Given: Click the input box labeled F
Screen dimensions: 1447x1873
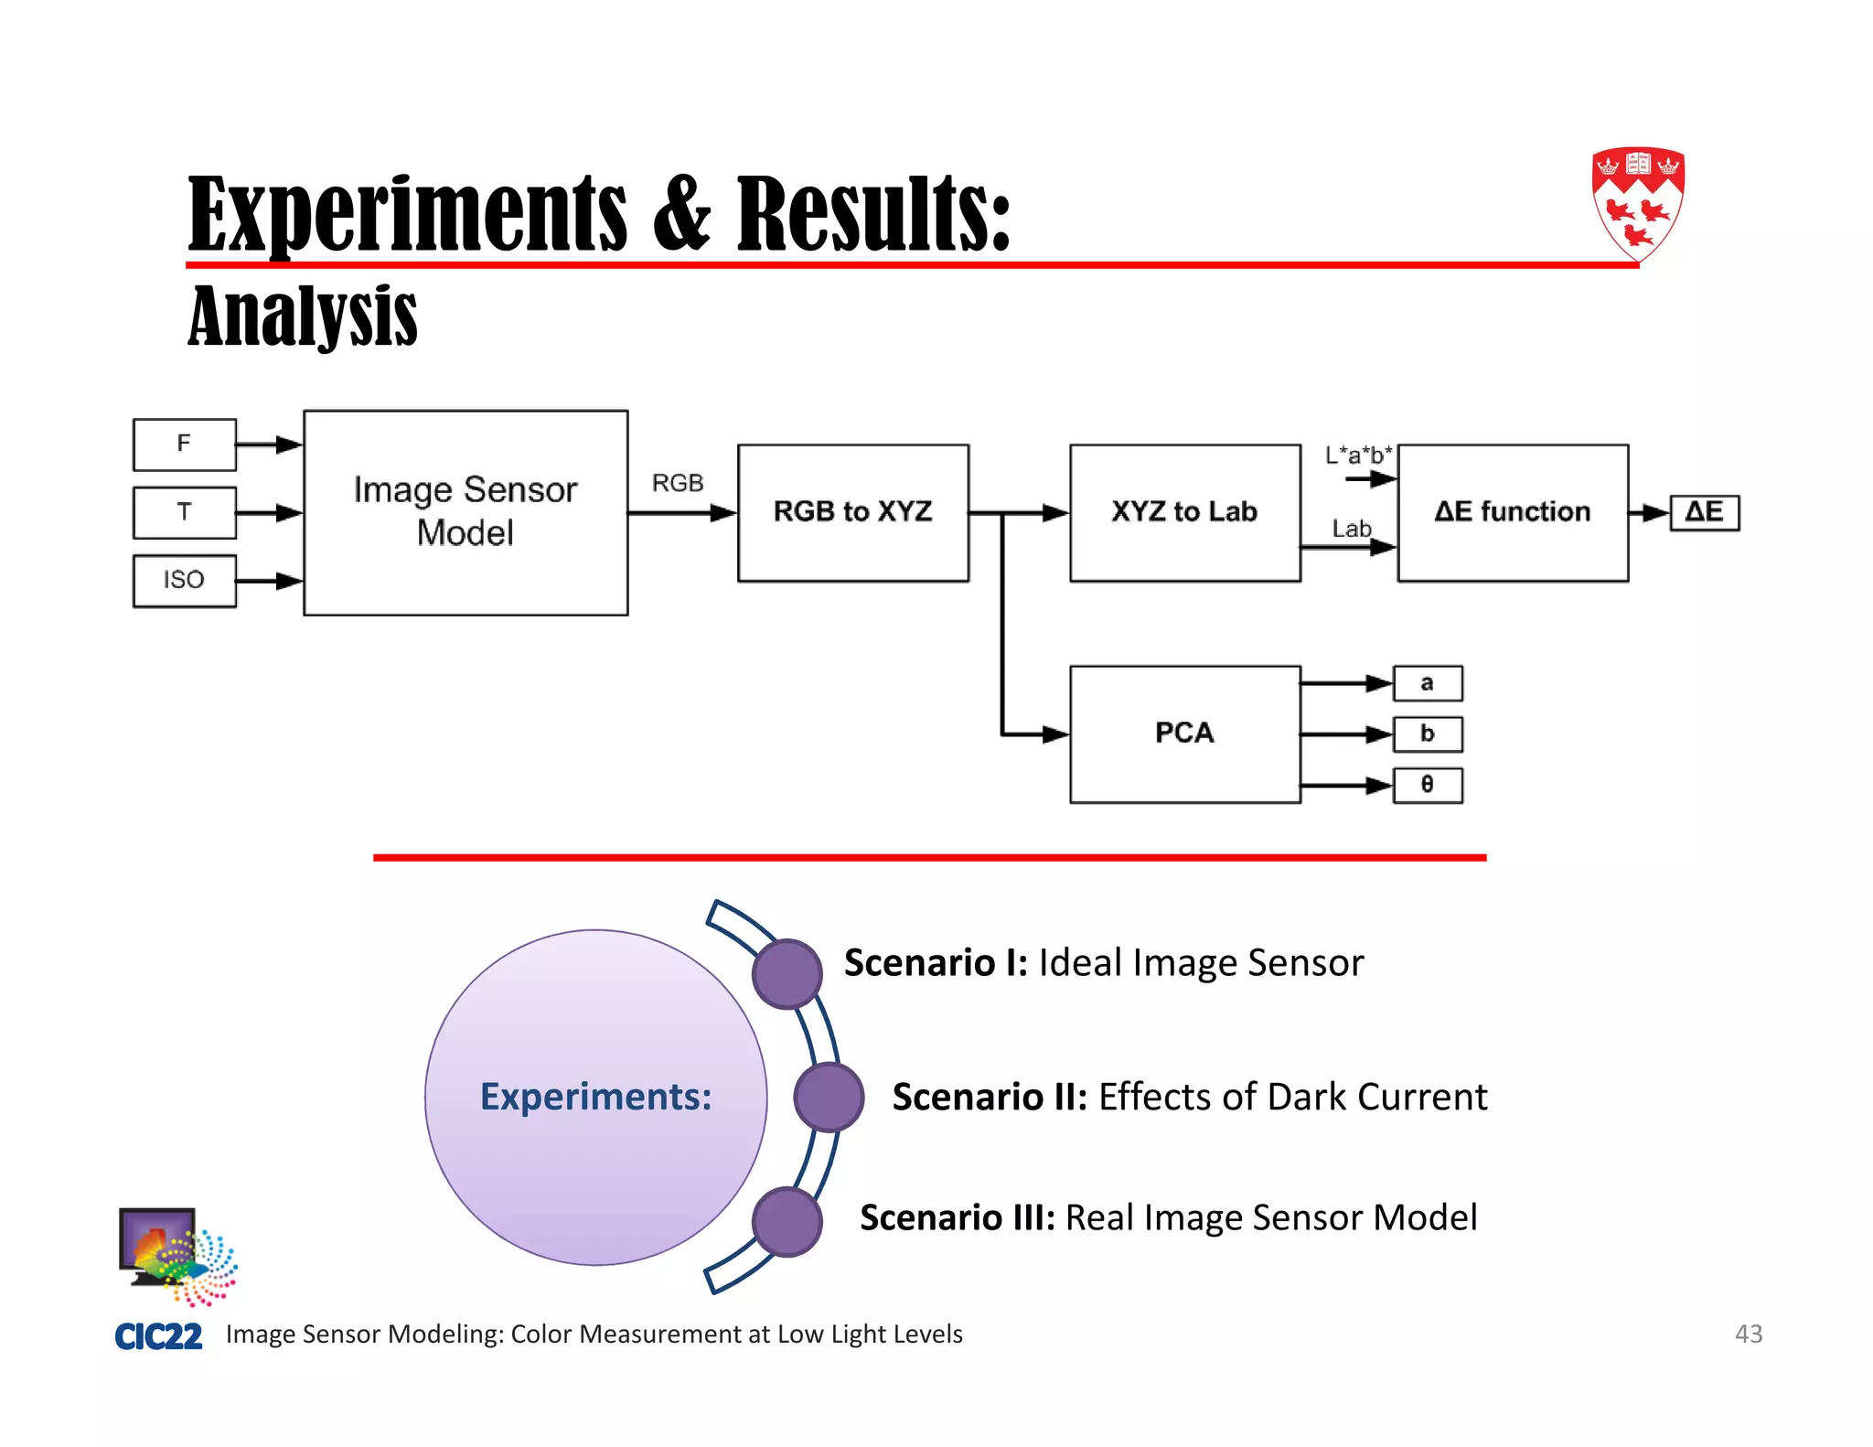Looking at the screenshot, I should pyautogui.click(x=184, y=445).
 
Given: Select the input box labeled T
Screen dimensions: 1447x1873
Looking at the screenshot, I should pyautogui.click(x=184, y=512).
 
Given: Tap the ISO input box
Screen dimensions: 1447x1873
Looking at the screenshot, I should pyautogui.click(x=184, y=580).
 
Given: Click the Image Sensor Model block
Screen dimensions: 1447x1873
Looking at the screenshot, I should pyautogui.click(x=466, y=512).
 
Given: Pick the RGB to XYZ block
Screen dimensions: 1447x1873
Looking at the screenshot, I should pyautogui.click(x=852, y=512).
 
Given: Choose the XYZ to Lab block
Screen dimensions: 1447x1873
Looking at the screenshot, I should pyautogui.click(x=1184, y=512).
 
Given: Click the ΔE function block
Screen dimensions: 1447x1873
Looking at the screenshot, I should pyautogui.click(x=1512, y=512).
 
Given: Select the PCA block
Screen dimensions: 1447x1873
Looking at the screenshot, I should pyautogui.click(x=1184, y=734).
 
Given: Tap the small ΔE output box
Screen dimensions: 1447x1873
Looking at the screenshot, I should pyautogui.click(x=1704, y=512).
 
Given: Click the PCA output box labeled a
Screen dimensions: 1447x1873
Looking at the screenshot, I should pyautogui.click(x=1427, y=683).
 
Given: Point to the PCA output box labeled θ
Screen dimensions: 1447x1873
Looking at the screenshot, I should pyautogui.click(x=1427, y=785).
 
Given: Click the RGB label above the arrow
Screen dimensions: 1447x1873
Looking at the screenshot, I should pyautogui.click(x=678, y=483).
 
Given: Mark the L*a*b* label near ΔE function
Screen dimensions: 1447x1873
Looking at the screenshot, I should pyautogui.click(x=1358, y=455).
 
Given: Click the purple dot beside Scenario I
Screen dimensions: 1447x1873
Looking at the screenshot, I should pyautogui.click(x=787, y=974).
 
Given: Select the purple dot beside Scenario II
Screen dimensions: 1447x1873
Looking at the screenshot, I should pyautogui.click(x=829, y=1097).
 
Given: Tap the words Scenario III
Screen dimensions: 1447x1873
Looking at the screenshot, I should pyautogui.click(x=957, y=1218).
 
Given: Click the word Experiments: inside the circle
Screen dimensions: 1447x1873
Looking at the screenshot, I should pyautogui.click(x=595, y=1097).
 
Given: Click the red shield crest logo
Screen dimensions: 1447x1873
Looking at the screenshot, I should pyautogui.click(x=1637, y=203).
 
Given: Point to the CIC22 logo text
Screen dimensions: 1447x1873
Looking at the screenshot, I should pyautogui.click(x=158, y=1336).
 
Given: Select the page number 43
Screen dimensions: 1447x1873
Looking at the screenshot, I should pyautogui.click(x=1748, y=1334).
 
